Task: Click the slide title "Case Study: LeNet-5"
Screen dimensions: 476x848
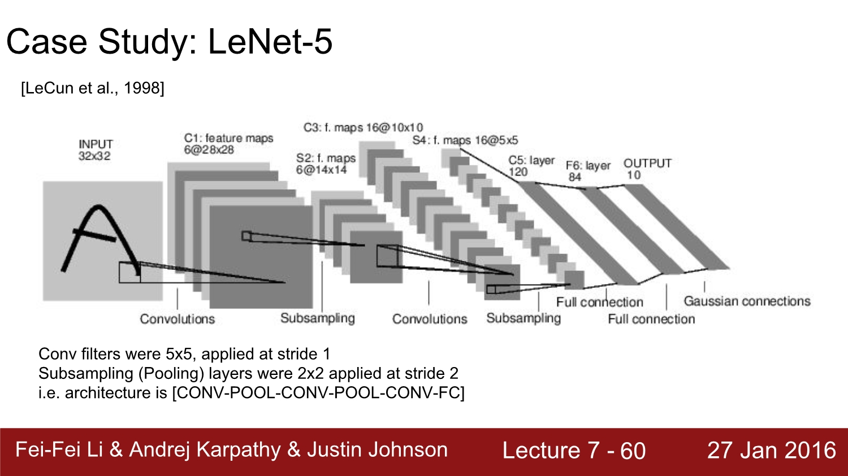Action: click(169, 42)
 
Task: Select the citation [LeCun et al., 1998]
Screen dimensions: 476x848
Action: click(93, 88)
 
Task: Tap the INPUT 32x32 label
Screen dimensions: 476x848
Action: click(95, 150)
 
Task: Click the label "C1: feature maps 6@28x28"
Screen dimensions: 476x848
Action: click(228, 144)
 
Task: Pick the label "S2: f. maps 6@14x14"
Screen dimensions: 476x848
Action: click(325, 164)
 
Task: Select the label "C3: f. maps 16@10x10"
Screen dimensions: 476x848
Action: click(363, 128)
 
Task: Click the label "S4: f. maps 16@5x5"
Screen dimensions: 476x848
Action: click(465, 140)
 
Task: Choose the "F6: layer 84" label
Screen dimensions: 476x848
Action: click(588, 171)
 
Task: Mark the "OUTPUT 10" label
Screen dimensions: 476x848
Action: click(647, 169)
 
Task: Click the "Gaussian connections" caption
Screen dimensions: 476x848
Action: click(747, 301)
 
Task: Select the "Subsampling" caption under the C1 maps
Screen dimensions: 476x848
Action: click(317, 318)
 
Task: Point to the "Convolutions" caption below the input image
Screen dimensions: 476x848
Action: click(177, 319)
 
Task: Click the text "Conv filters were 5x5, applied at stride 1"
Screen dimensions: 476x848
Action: click(184, 354)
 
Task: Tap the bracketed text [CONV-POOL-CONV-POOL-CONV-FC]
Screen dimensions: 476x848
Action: click(318, 392)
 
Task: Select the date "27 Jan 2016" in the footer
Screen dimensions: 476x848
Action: click(771, 450)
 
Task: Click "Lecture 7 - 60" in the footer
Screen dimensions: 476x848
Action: click(574, 451)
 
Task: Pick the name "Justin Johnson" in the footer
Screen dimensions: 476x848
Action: click(377, 449)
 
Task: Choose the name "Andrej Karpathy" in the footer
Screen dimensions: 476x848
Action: click(205, 449)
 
